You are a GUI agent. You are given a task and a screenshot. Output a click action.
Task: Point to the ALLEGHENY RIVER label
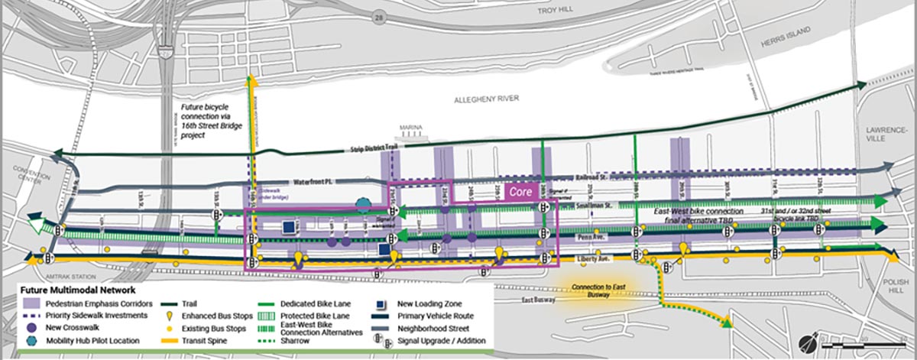(x=486, y=99)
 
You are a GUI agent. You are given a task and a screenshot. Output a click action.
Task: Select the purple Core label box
(x=521, y=191)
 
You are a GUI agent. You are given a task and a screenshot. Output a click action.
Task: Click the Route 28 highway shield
(x=380, y=16)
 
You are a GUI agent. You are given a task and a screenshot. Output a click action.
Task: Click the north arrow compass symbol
(x=805, y=340)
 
